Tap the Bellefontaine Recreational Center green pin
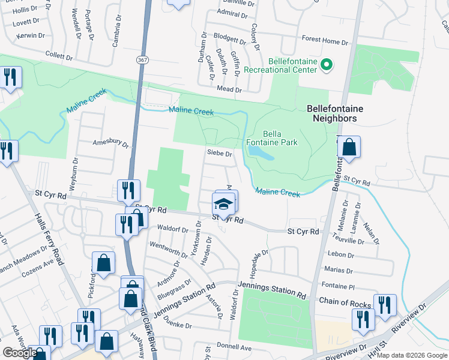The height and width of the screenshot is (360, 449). coord(327,64)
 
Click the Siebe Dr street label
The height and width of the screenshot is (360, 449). coord(219,154)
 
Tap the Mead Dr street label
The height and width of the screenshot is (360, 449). coord(229,89)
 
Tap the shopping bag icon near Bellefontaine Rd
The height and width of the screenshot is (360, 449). coord(349,146)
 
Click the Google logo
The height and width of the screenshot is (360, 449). coord(20,353)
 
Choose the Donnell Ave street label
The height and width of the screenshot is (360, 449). coord(234,347)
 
